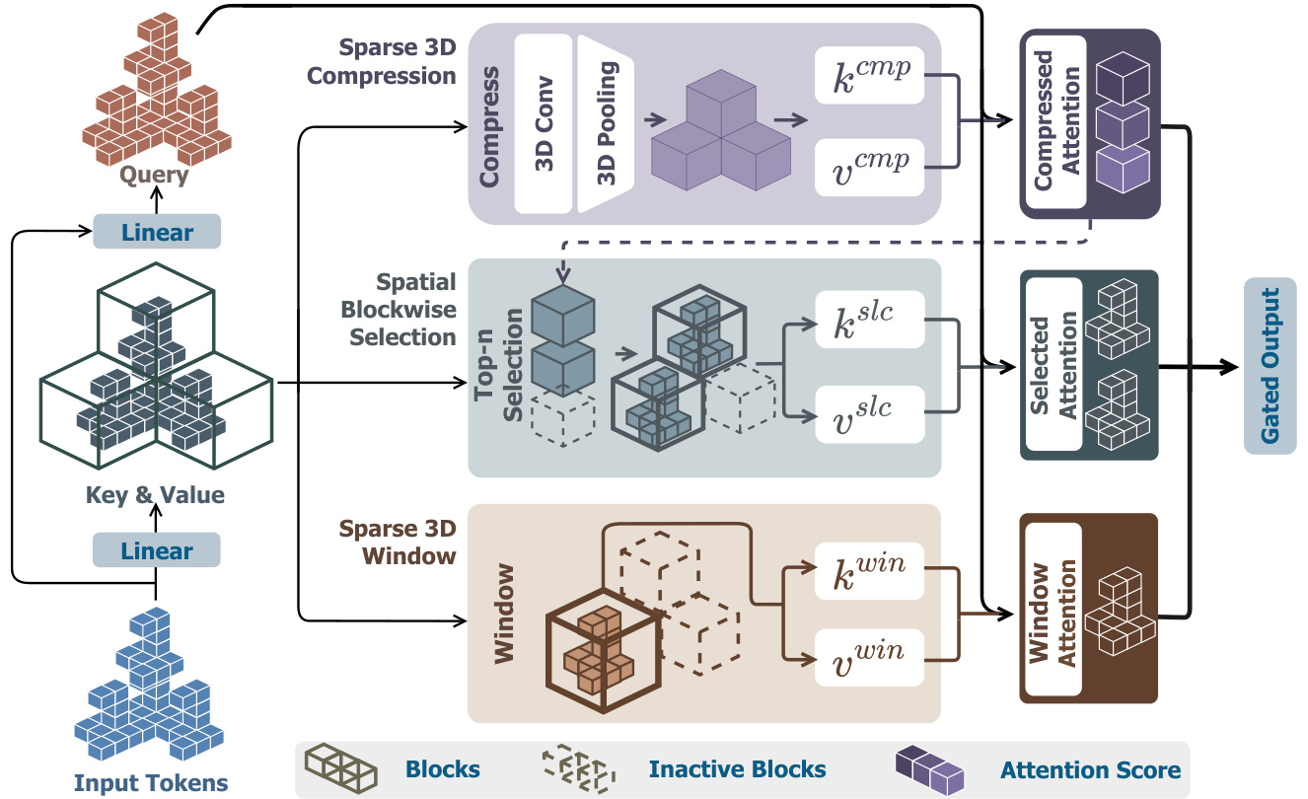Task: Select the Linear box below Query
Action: point(157,233)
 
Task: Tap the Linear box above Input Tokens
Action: point(157,550)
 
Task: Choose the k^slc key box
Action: point(869,319)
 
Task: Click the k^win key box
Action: point(869,570)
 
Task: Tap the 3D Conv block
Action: point(544,122)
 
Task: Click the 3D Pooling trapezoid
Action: point(606,122)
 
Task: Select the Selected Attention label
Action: point(1054,365)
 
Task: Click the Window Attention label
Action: point(1054,607)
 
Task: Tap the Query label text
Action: point(154,175)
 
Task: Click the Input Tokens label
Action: point(151,784)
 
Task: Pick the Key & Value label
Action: point(155,495)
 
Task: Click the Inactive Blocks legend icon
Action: point(577,768)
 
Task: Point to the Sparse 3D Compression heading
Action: point(398,61)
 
